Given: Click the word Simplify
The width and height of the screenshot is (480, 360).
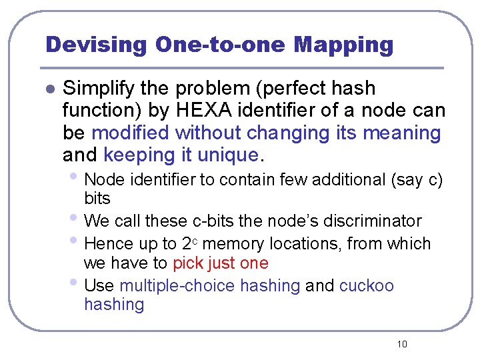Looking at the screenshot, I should coord(99,88).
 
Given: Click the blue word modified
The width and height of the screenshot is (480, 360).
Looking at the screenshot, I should coord(131,133).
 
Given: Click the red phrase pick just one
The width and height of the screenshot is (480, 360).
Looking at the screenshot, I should coord(220,263).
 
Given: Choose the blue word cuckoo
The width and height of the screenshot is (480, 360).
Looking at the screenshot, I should coord(367,286).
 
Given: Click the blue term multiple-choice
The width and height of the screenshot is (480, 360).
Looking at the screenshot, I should coord(177,286).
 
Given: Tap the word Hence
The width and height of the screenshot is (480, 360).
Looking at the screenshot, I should coord(109,243).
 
